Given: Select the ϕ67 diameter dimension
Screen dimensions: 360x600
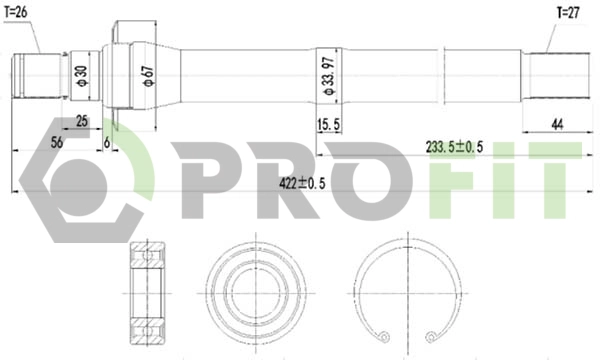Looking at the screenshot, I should pos(148,77).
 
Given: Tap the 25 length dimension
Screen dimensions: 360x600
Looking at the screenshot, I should pos(81,122).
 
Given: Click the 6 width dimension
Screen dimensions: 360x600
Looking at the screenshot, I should pos(107,143).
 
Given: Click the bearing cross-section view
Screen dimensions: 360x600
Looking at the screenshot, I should pos(149,291).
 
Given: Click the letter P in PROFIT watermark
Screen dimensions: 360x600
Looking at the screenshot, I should pos(205,180).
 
